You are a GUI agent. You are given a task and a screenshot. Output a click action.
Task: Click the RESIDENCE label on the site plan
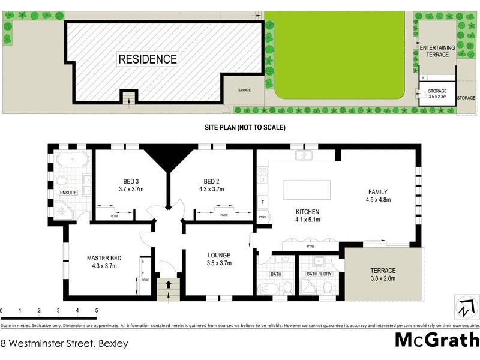tap(148, 59)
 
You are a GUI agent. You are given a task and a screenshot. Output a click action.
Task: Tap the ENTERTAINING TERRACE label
tap(434, 51)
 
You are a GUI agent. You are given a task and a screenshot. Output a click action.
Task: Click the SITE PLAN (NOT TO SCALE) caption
tap(245, 128)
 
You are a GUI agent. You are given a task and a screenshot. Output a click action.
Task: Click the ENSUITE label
tap(68, 193)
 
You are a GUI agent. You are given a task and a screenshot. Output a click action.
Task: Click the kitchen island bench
tap(307, 188)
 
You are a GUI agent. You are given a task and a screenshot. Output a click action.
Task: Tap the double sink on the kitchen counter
tap(305, 155)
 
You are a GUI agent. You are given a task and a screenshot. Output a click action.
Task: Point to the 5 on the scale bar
tap(97, 310)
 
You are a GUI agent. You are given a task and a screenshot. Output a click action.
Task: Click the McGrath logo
tap(436, 340)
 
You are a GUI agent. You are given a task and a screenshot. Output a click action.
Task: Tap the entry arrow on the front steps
tap(168, 285)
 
